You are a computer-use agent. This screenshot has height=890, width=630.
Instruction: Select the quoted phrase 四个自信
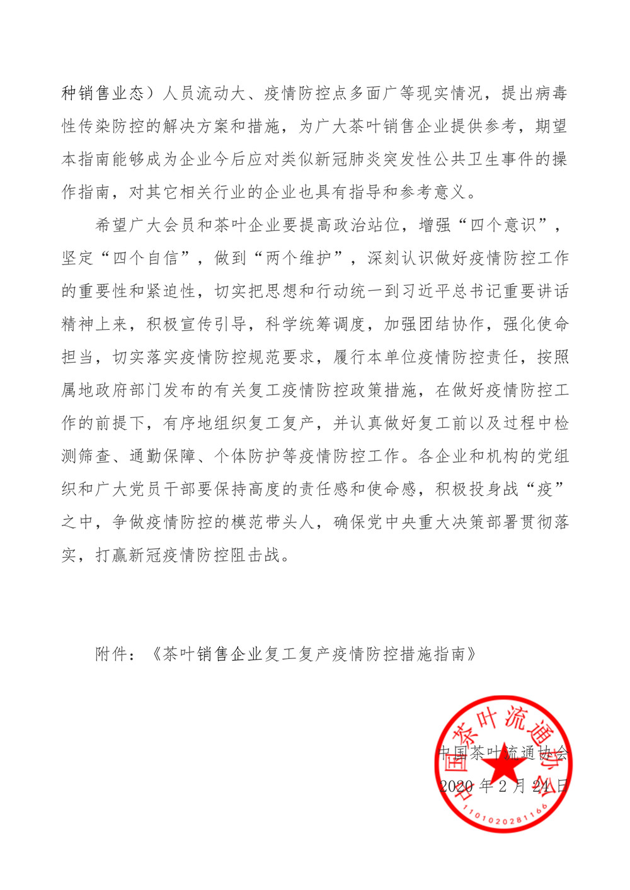[146, 258]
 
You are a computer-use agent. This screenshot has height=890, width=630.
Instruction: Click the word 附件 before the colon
[112, 655]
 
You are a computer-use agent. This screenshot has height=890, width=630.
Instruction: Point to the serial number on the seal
[503, 818]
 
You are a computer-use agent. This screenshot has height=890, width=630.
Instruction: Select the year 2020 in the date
[455, 786]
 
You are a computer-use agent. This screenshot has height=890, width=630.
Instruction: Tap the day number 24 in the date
[541, 786]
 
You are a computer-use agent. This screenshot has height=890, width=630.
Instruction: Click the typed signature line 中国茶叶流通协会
[503, 753]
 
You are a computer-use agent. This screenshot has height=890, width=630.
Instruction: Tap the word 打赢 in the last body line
[112, 556]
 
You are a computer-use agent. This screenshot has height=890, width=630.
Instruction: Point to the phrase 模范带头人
[273, 522]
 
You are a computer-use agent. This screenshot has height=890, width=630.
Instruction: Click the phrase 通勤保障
[163, 456]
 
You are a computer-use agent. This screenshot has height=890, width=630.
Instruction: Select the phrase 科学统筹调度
[315, 324]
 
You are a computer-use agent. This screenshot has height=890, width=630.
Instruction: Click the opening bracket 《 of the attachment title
[155, 655]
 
